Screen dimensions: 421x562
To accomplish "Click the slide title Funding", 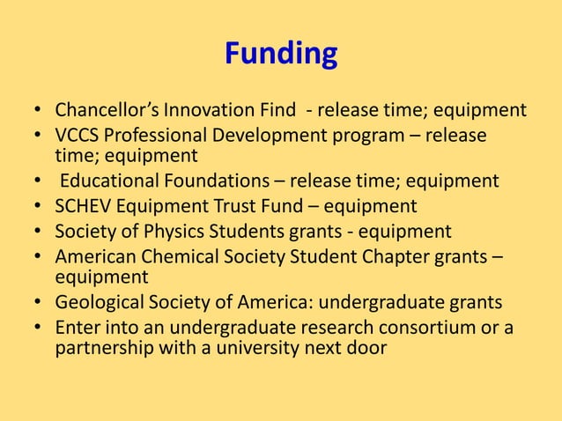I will click(281, 55).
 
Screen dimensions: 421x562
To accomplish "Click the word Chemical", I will click(173, 258).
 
